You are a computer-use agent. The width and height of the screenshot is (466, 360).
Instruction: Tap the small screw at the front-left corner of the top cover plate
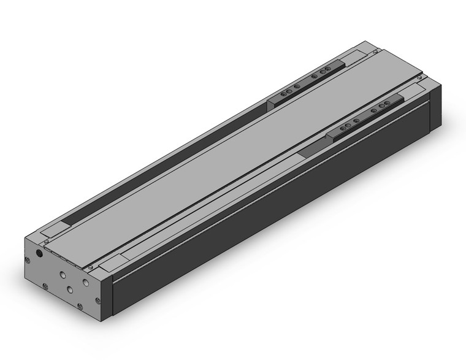click(x=47, y=242)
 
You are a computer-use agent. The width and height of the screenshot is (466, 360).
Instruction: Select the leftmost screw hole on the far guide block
click(x=283, y=94)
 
